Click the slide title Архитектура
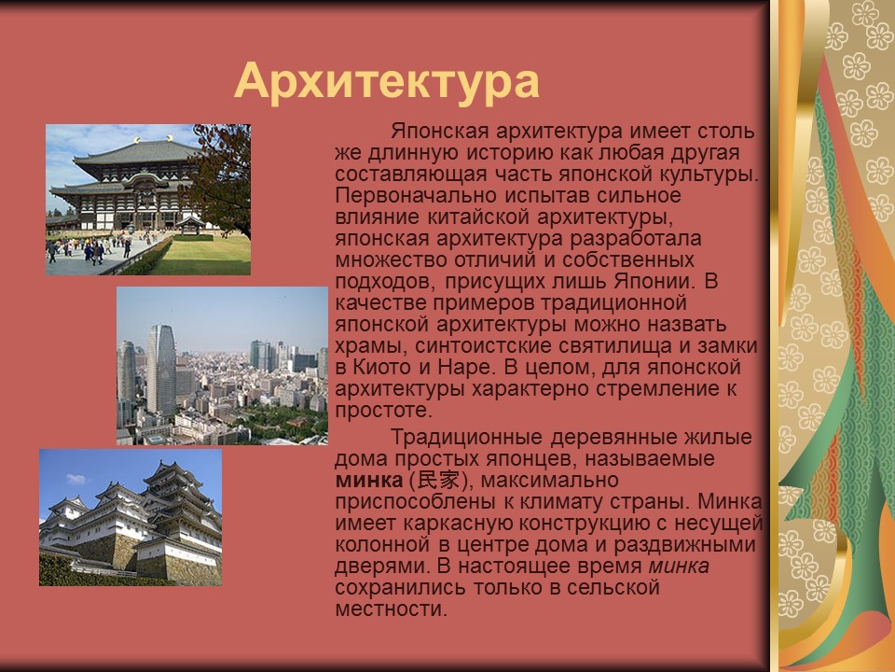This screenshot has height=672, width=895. click(x=387, y=81)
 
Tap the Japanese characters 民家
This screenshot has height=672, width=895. click(x=440, y=481)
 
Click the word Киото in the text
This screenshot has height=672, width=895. click(x=386, y=367)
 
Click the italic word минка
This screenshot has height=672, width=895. click(x=679, y=567)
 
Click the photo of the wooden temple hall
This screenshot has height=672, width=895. click(x=147, y=199)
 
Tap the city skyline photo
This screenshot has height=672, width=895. click(x=222, y=366)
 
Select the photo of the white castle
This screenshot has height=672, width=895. click(x=131, y=517)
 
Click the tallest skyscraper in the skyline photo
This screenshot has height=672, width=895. click(x=160, y=369)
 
